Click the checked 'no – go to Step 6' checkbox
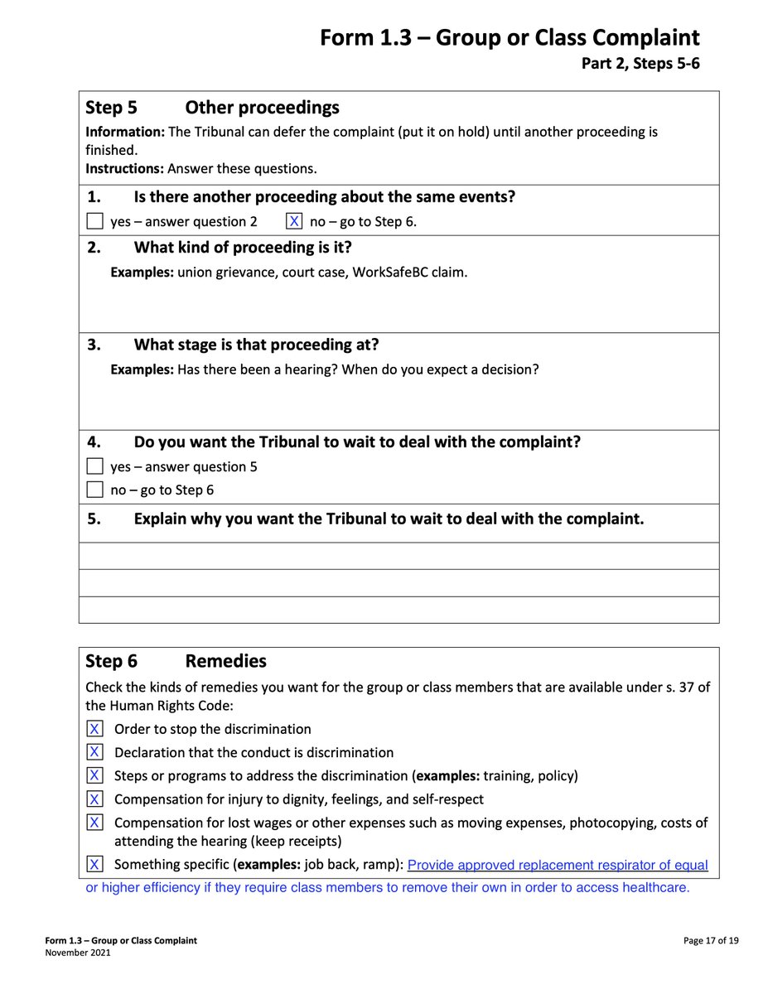(294, 221)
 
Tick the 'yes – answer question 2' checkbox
(95, 221)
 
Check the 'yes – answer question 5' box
(95, 466)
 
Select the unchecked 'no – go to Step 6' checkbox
(95, 490)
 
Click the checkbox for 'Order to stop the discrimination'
(95, 729)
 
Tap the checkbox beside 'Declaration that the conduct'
(95, 752)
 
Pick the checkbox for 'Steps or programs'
(95, 775)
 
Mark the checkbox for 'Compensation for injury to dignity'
(95, 799)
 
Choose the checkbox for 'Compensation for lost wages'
(95, 823)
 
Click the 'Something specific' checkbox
(95, 865)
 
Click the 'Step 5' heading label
(112, 108)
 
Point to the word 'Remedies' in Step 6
(225, 661)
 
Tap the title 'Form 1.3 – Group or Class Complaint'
(510, 38)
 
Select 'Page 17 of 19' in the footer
(711, 941)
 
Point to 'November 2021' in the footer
(77, 953)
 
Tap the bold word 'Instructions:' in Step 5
(124, 168)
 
